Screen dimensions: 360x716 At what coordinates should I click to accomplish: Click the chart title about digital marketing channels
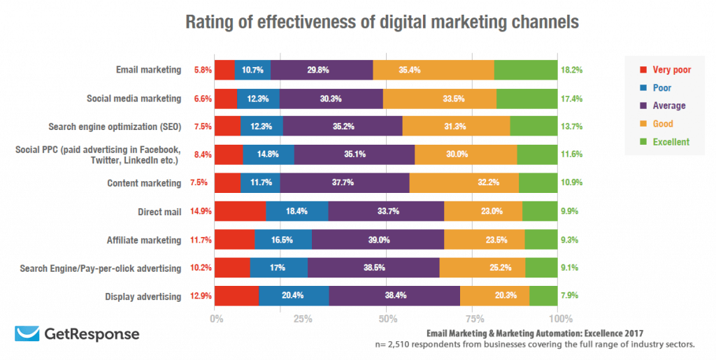coord(382,22)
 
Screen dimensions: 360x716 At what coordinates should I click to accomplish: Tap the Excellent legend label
coord(671,142)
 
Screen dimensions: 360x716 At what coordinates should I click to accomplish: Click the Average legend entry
coord(669,106)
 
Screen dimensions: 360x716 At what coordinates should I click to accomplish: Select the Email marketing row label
coord(149,70)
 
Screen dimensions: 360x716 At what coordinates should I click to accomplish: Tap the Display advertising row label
coord(144,296)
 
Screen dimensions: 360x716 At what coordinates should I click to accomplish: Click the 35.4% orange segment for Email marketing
coord(434,70)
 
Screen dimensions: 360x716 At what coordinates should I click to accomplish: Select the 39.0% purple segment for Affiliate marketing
coord(378,240)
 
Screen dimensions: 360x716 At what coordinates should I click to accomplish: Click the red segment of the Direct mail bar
coord(240,211)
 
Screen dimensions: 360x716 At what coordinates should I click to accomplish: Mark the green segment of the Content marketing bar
coord(538,183)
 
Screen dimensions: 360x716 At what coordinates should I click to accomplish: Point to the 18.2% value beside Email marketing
coord(571,70)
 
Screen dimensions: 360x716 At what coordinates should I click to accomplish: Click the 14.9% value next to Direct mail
coord(200,211)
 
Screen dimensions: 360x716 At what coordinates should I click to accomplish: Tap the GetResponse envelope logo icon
coord(27,334)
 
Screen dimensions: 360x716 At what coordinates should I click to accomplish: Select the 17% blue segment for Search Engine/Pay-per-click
coord(278,268)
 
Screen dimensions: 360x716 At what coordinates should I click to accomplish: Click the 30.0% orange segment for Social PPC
coord(466,154)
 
